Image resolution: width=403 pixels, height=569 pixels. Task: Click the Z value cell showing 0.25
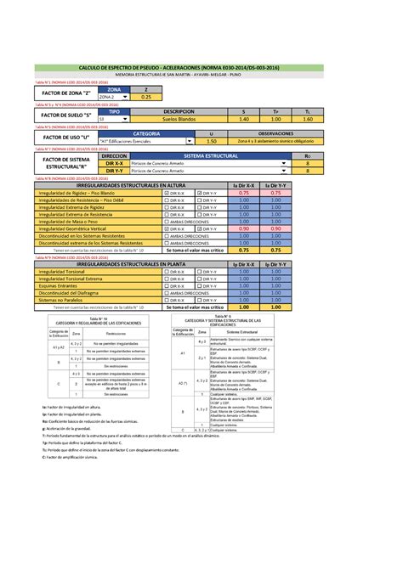(147, 97)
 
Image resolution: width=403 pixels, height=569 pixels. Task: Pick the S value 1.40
(243, 119)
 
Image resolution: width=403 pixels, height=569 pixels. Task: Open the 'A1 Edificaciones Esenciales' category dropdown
(143, 142)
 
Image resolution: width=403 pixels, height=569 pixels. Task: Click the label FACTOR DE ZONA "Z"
(65, 93)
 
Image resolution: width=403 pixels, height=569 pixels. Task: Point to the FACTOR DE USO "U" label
(65, 138)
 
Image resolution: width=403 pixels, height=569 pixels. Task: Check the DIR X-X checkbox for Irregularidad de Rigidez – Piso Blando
(167, 193)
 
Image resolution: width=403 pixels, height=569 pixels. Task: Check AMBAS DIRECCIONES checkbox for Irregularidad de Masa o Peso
(167, 221)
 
